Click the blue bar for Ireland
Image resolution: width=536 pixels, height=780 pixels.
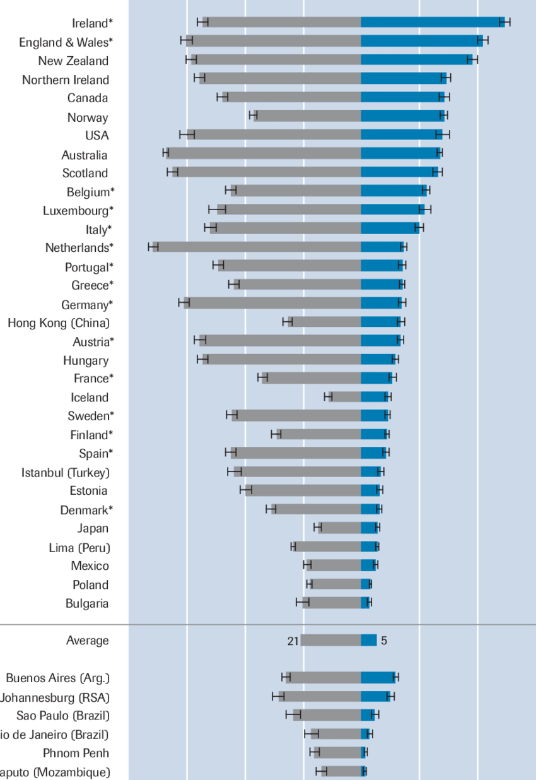tap(432, 23)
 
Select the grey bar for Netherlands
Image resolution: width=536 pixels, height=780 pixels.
tap(259, 247)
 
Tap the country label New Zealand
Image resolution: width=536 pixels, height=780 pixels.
tap(73, 61)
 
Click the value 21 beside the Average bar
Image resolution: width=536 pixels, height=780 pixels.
tap(293, 641)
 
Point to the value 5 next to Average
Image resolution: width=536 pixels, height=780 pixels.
tap(384, 641)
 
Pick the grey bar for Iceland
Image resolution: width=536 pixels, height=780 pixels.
tap(346, 396)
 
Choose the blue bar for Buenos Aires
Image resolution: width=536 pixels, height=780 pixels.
tap(378, 678)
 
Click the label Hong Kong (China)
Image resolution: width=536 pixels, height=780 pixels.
tap(59, 323)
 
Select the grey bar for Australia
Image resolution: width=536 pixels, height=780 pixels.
tap(265, 153)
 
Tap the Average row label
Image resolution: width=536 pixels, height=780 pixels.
tap(87, 641)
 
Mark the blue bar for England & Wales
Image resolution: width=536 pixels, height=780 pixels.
tap(421, 41)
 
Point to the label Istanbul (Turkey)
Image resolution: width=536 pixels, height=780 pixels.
tap(66, 473)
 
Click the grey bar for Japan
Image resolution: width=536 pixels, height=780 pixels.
tap(341, 528)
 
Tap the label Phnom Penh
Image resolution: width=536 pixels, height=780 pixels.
tap(76, 753)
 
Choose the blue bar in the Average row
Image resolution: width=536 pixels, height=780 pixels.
tap(369, 641)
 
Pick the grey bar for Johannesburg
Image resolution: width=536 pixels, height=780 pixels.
tap(322, 696)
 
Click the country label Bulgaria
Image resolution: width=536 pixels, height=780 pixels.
tap(87, 603)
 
